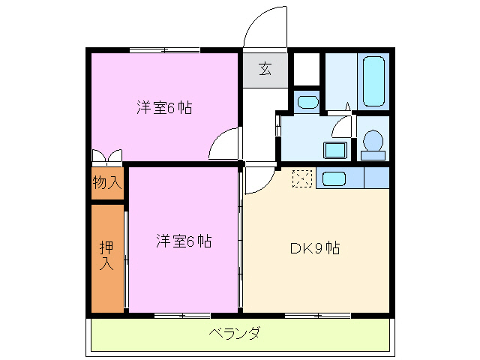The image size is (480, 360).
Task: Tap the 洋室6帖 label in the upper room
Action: point(163,107)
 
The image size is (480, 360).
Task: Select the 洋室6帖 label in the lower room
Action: point(184,241)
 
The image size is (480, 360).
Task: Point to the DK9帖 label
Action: point(315,247)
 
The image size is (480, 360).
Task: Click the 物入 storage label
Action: point(106,182)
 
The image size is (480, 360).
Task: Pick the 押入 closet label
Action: point(106,255)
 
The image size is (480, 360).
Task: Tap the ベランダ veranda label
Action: point(234,333)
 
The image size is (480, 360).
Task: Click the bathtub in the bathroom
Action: point(374,82)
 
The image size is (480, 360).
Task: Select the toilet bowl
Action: point(372,139)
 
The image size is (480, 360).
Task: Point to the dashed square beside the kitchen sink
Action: point(302,178)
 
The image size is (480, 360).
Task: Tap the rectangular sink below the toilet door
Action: point(335,149)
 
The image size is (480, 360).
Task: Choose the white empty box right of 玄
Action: point(305,70)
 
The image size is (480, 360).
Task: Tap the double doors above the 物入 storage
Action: point(106,157)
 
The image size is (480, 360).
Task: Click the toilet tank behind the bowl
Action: point(373,155)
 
